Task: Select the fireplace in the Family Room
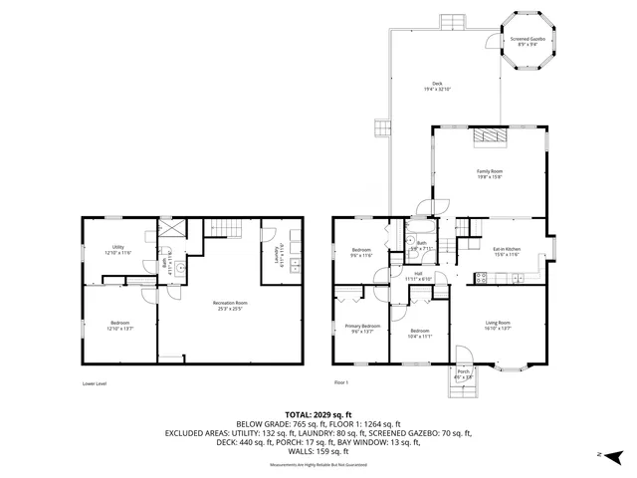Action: pyautogui.click(x=488, y=137)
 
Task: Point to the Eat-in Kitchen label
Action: pyautogui.click(x=507, y=249)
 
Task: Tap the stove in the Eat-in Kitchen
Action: pyautogui.click(x=482, y=278)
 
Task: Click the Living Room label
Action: pyautogui.click(x=497, y=323)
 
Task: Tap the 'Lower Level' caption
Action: pyautogui.click(x=95, y=382)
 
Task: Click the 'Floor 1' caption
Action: pyautogui.click(x=341, y=382)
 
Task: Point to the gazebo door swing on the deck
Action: pyautogui.click(x=492, y=42)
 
